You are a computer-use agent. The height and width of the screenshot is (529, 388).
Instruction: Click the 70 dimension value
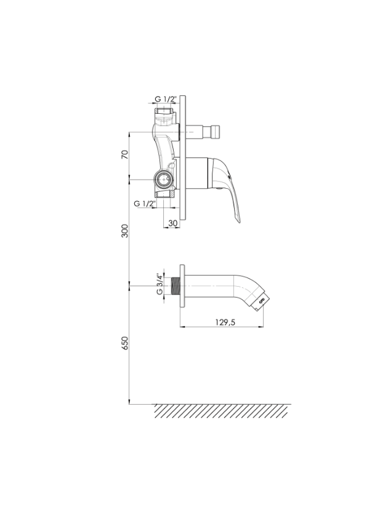click(x=124, y=155)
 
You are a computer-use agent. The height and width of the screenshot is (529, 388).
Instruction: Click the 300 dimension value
click(x=124, y=231)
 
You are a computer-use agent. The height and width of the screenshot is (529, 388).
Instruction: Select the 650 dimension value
click(x=124, y=343)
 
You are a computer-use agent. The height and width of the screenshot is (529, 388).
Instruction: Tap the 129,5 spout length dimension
click(x=225, y=322)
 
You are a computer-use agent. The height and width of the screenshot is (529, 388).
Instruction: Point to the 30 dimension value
click(x=172, y=223)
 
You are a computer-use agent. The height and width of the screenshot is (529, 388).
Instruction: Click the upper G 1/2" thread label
click(x=166, y=99)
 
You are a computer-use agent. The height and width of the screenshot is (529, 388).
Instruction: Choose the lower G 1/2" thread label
click(x=145, y=204)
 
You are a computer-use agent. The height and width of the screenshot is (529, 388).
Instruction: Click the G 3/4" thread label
click(x=160, y=284)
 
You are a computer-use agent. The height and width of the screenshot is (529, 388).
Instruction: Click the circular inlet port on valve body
click(x=164, y=179)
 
